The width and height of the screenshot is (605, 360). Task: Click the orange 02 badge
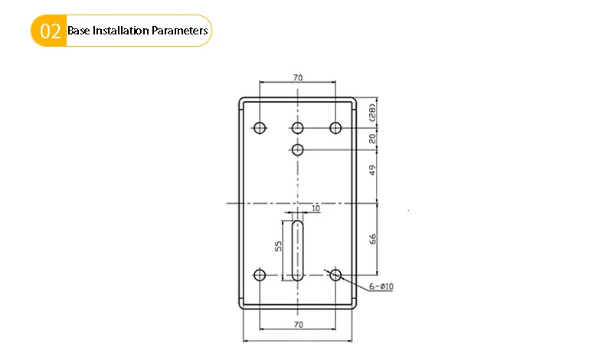coord(48,31)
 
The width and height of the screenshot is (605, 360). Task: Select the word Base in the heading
coord(79,31)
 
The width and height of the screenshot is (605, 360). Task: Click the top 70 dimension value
coord(298,77)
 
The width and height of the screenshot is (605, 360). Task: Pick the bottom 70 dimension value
coord(298,325)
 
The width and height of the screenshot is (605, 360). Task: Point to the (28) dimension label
coord(372,113)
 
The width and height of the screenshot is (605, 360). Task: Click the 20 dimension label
coord(372,139)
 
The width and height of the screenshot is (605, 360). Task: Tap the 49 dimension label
coord(372,170)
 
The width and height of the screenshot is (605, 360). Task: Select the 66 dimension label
coord(372,239)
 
